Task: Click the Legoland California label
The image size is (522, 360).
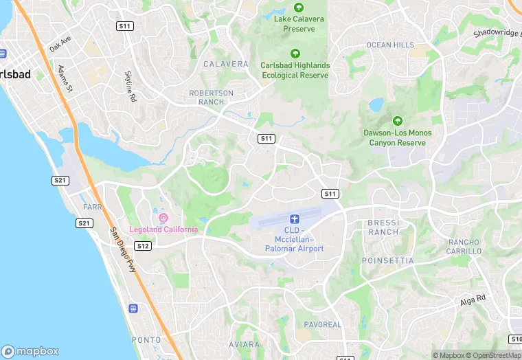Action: coord(168,229)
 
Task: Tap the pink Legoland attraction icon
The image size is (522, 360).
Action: coord(163,218)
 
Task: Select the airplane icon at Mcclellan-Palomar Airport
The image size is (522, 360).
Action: coord(295,218)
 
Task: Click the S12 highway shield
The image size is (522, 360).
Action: coord(143,246)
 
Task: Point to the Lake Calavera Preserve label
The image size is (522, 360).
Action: coord(295,24)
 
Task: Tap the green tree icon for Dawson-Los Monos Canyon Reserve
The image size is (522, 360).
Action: coord(396,121)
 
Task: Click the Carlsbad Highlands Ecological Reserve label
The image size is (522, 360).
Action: coord(295,70)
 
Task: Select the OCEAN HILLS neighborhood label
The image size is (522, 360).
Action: coord(390,45)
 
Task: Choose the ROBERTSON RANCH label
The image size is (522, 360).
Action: coord(212,98)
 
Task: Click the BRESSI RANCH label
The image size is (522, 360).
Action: coord(383,227)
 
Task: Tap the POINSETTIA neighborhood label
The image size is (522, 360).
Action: coord(388,261)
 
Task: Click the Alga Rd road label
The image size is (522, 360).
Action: coord(473,301)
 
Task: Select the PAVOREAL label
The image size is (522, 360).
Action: coord(322,324)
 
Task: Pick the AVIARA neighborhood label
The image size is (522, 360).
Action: coord(244,344)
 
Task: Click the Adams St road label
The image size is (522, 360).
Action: coord(66,79)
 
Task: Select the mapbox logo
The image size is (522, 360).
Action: coord(30,351)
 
